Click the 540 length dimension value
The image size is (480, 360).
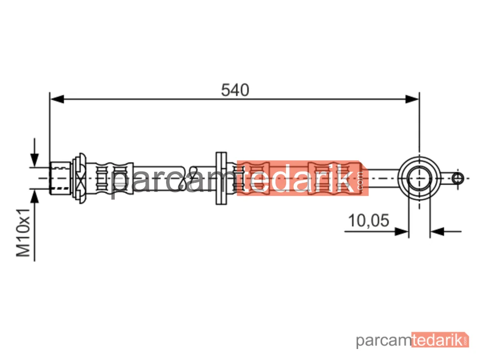point(235,90)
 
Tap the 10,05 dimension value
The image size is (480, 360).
point(369,220)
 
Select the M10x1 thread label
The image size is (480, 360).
point(23,233)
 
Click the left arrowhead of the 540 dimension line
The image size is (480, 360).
point(57,99)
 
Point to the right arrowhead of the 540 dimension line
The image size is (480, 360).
point(412,99)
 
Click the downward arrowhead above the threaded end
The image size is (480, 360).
point(35,160)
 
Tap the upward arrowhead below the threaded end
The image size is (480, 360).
point(35,196)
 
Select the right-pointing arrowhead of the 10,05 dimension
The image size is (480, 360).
point(402,231)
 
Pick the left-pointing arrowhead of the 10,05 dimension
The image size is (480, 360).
point(437,231)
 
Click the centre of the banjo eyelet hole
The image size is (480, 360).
point(420,178)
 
